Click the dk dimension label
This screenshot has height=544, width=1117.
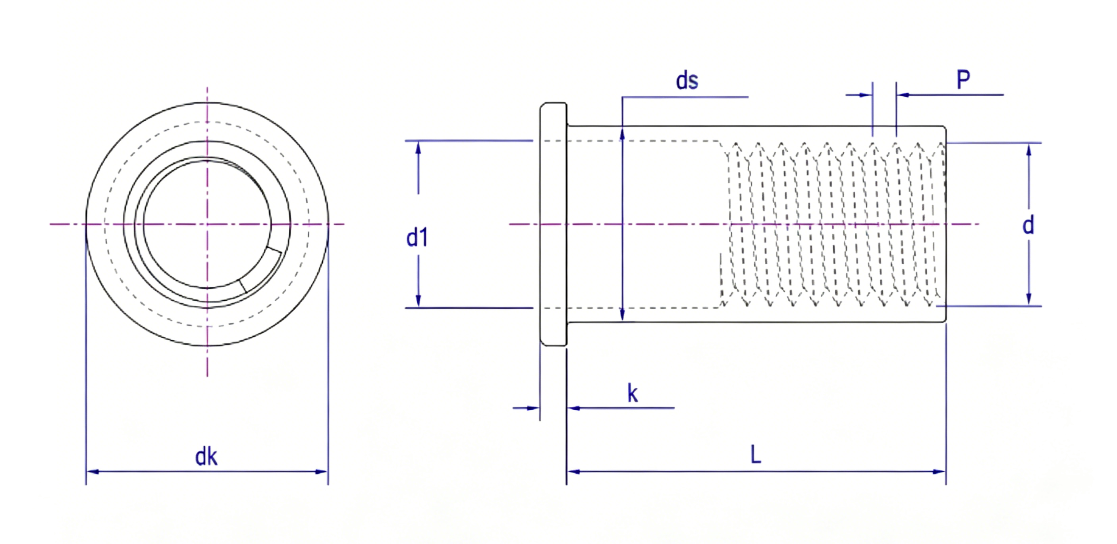pyautogui.click(x=206, y=457)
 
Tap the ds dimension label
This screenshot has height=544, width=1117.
pyautogui.click(x=687, y=81)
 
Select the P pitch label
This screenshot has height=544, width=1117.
pyautogui.click(x=963, y=80)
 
